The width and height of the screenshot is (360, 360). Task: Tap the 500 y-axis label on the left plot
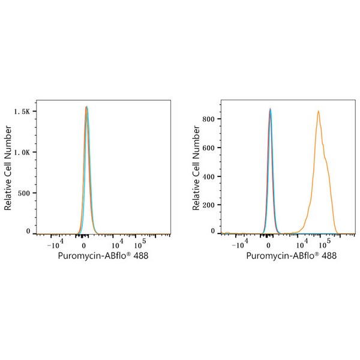pos(23,193)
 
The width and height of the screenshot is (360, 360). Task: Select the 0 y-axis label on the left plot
pos(28,231)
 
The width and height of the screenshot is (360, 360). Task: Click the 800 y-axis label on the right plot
pos(209,119)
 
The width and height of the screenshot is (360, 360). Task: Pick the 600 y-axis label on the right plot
pos(209,148)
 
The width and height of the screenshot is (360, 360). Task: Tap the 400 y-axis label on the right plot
pos(209,176)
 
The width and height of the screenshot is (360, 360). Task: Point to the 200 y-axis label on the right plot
pos(209,205)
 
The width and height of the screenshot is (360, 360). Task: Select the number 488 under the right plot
pos(328,256)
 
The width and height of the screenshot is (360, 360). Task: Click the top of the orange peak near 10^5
pos(318,111)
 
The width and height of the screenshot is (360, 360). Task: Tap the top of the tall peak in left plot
pos(86,107)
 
